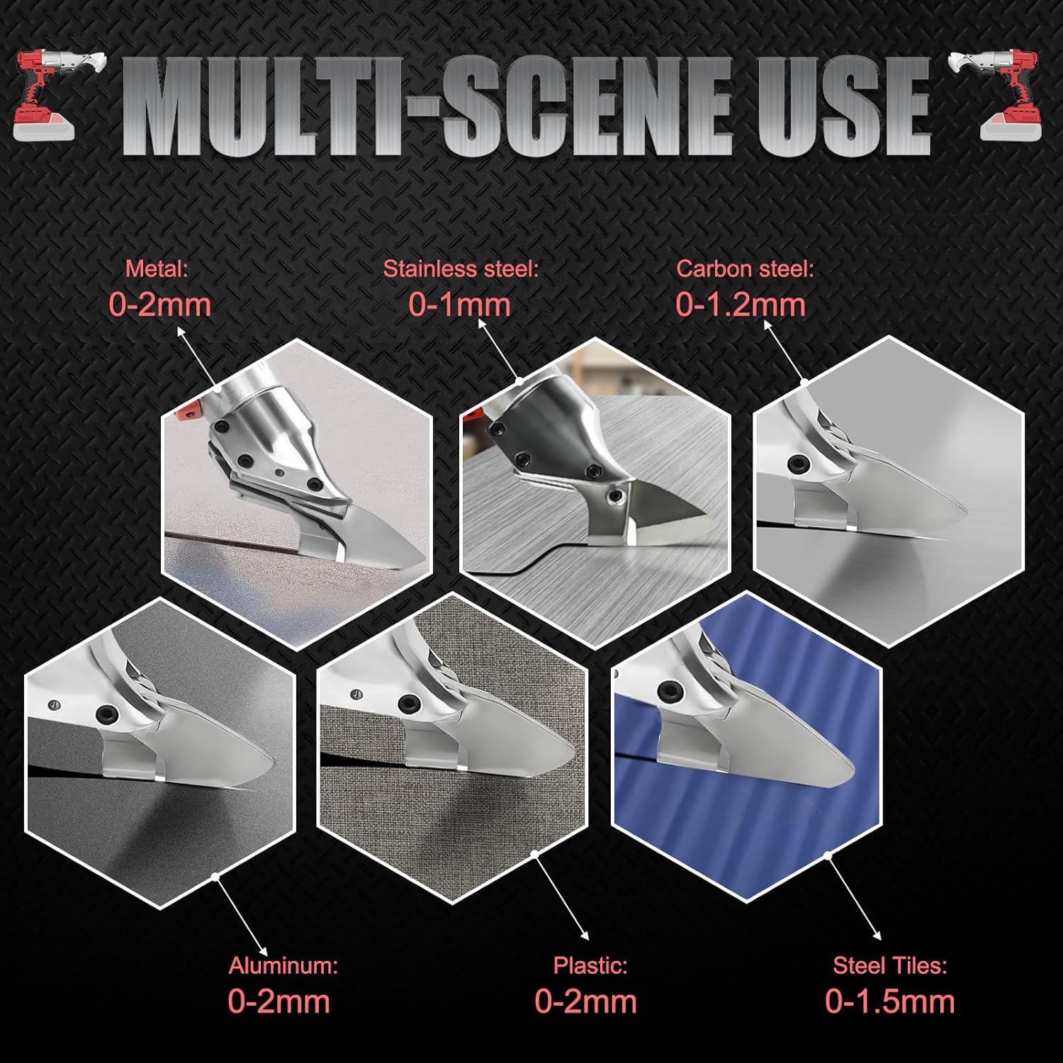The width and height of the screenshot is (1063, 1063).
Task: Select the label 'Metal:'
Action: coord(157,269)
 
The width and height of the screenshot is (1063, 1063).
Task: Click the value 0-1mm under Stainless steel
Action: coord(459,305)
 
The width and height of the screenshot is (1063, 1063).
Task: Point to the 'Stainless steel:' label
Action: coord(461,269)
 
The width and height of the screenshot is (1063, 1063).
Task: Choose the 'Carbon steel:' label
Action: coord(745,269)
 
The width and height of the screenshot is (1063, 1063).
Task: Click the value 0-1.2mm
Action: coord(741,305)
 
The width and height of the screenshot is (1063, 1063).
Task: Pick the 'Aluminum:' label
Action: coord(283,965)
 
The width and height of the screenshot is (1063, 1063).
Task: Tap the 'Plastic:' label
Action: coord(590,965)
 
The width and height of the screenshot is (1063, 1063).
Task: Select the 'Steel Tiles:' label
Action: coord(889,965)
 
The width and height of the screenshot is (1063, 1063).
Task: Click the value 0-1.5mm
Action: coord(889,1001)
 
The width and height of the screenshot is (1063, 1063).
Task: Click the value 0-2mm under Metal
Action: coord(160,305)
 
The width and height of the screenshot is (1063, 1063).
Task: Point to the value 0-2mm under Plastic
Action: coord(585,1001)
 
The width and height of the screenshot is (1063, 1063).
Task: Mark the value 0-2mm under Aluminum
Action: coord(279,1001)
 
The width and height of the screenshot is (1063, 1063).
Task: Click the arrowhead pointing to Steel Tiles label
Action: coord(877,937)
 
